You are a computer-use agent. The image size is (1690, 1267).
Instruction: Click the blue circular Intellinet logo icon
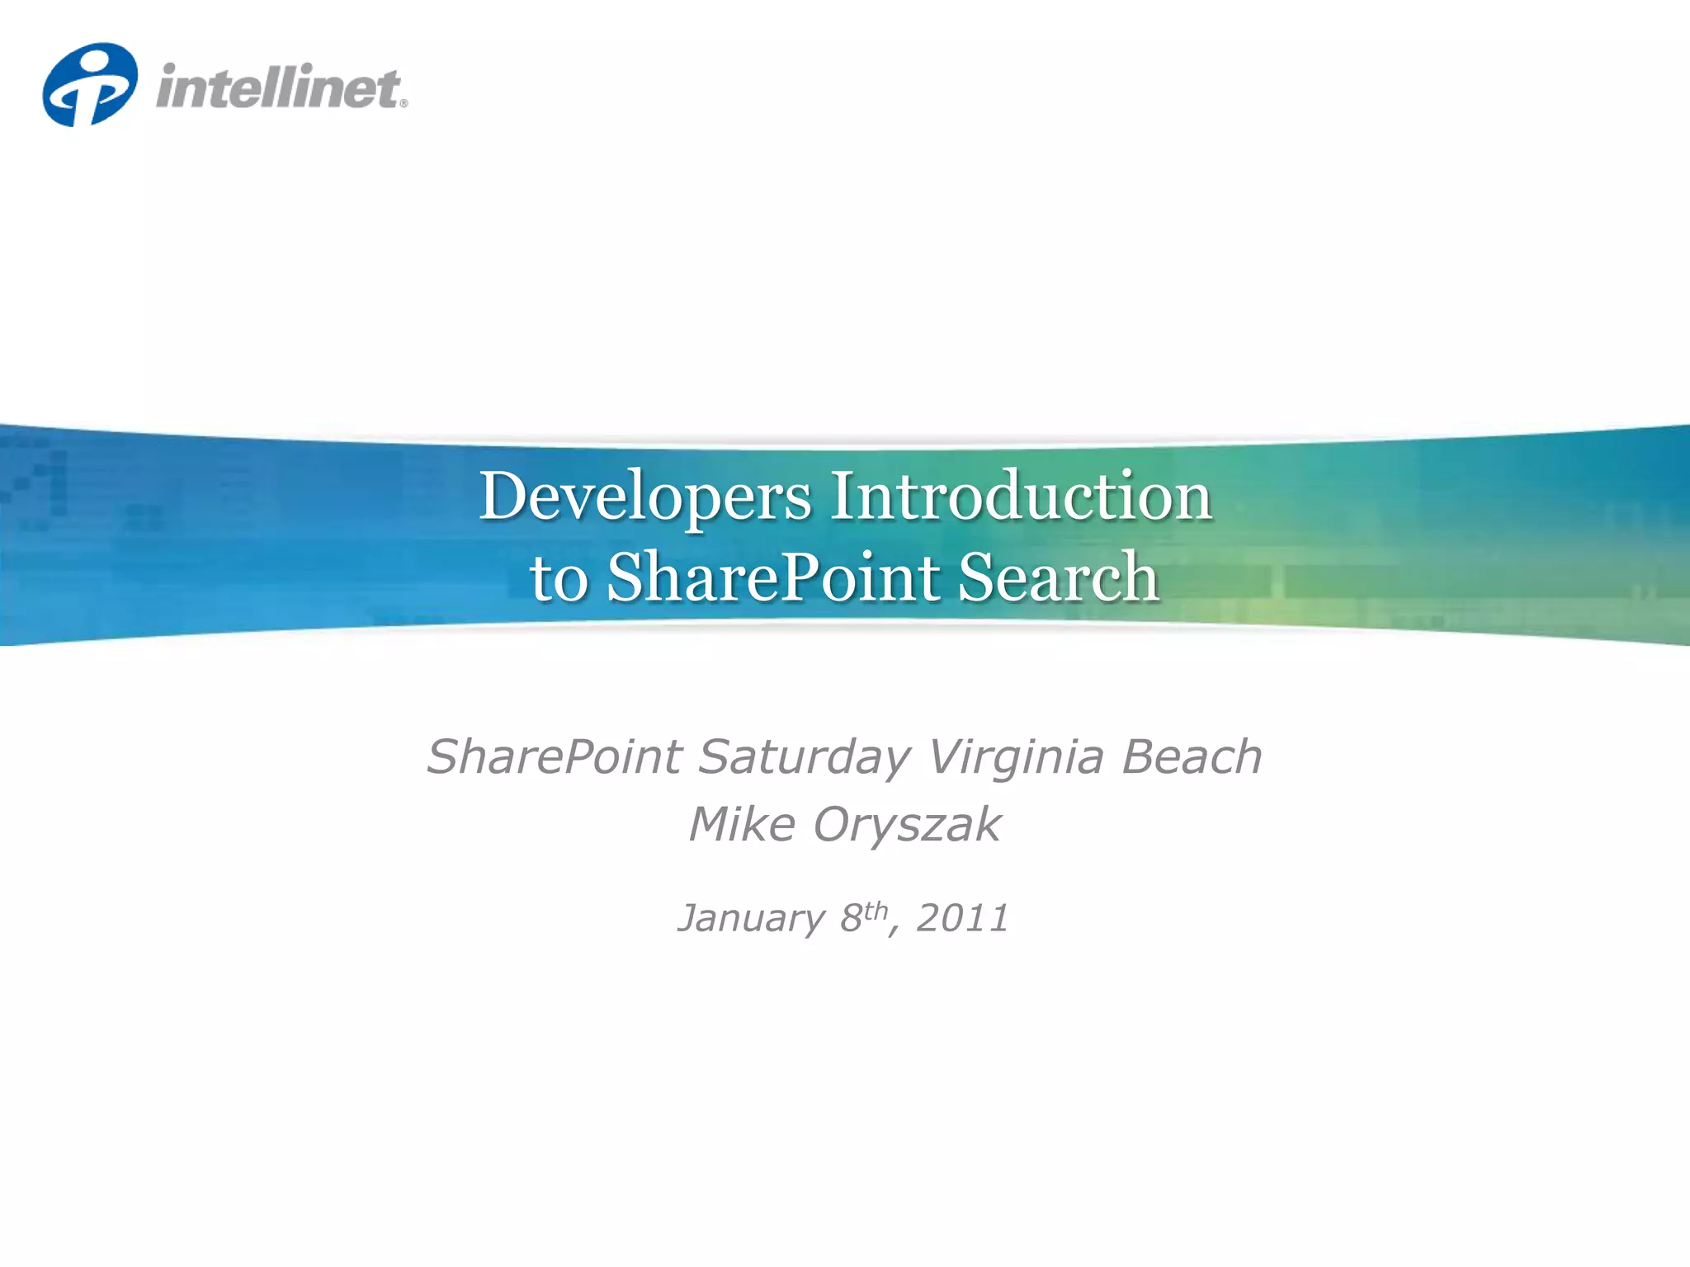pos(89,85)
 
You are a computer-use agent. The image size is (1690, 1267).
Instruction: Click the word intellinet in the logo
pos(277,87)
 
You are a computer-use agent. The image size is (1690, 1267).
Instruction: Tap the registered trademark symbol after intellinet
pos(404,104)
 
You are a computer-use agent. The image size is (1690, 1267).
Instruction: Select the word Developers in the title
pos(645,497)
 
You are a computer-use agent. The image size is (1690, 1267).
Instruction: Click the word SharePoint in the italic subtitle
pos(554,756)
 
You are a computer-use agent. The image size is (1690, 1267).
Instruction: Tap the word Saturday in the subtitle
pos(805,758)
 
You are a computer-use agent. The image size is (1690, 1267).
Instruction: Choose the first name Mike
pos(742,824)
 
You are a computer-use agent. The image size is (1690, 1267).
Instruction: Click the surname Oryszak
pos(907,826)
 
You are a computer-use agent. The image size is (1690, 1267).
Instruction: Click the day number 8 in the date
pos(851,918)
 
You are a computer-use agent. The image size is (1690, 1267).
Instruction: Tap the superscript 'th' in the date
pos(876,910)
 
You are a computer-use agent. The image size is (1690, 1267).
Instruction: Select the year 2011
pos(962,918)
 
